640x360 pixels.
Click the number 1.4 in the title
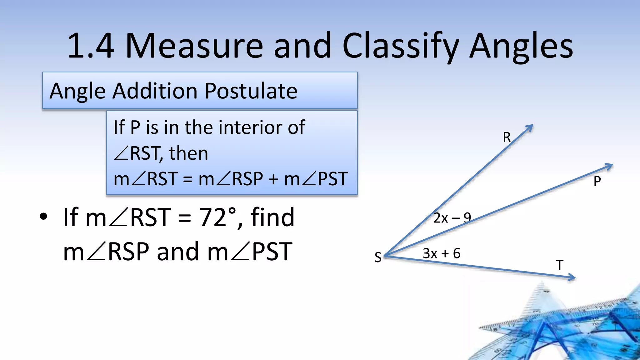click(x=91, y=46)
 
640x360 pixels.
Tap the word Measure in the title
click(x=194, y=46)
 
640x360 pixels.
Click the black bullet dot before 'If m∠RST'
click(x=43, y=216)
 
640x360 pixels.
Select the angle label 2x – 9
click(x=452, y=218)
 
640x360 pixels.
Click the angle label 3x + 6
click(x=441, y=253)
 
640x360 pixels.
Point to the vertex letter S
click(x=378, y=257)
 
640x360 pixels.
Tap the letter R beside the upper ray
click(x=507, y=137)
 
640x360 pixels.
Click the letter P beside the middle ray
click(x=597, y=182)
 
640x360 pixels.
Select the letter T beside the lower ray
click(x=560, y=266)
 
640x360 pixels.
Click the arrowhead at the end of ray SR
click(x=530, y=127)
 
